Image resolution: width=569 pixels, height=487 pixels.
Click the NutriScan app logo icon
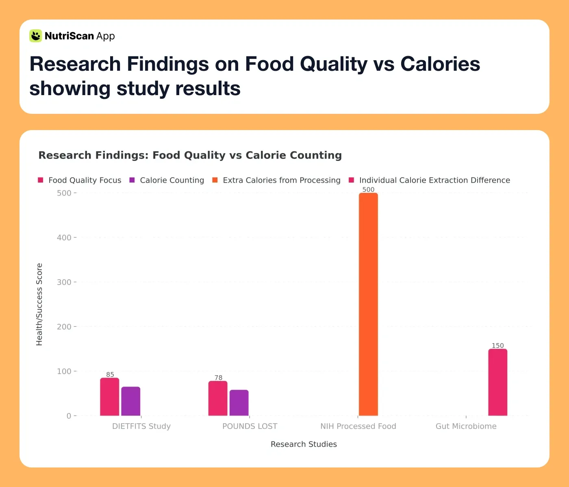click(x=36, y=36)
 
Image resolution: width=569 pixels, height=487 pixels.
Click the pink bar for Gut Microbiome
click(x=497, y=382)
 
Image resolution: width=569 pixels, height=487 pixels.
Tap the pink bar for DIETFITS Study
click(x=110, y=397)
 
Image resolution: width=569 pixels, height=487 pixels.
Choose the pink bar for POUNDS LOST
click(x=218, y=398)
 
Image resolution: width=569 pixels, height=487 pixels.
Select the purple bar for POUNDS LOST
click(x=239, y=403)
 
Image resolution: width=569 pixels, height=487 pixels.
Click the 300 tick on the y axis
click(x=64, y=282)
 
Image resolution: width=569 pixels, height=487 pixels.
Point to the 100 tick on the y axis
click(x=64, y=371)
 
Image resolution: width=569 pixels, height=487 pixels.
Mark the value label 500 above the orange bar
click(x=368, y=189)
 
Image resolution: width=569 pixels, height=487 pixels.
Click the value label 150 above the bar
click(x=497, y=346)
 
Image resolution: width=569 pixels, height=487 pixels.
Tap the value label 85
click(x=110, y=374)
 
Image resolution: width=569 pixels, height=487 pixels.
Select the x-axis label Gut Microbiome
click(x=466, y=426)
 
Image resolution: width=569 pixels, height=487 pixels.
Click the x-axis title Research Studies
click(x=304, y=444)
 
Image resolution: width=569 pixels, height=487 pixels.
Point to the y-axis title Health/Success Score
click(x=39, y=304)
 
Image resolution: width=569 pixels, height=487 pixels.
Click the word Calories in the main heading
click(x=440, y=64)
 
